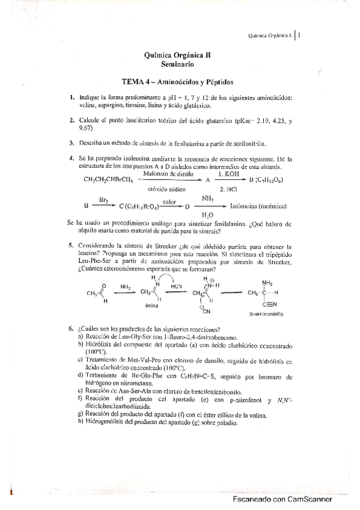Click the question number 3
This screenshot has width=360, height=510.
(71, 143)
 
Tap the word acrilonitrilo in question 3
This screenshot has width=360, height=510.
(246, 144)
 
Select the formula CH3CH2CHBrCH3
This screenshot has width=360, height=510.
(108, 180)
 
